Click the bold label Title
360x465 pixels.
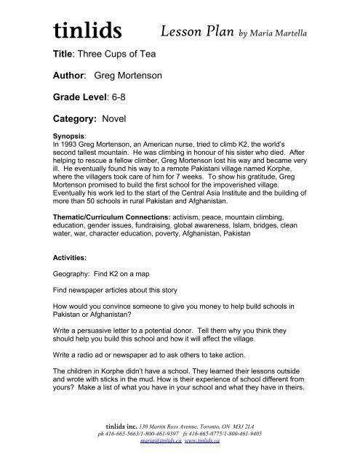click(x=64, y=54)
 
